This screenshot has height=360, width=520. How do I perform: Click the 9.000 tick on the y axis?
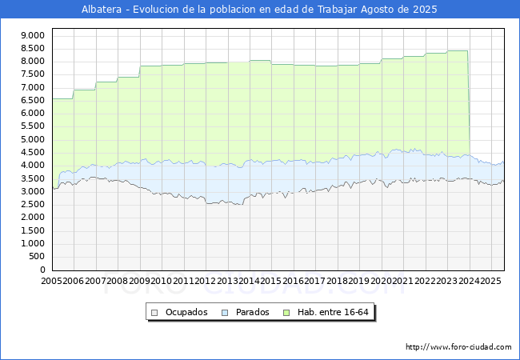pyautogui.click(x=33, y=35)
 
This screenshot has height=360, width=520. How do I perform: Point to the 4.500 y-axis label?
pyautogui.click(x=33, y=153)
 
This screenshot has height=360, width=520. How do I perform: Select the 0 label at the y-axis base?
pyautogui.click(x=42, y=270)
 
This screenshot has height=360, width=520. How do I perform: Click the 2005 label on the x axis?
pyautogui.click(x=51, y=281)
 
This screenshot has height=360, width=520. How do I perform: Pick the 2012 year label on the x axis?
pyautogui.click(x=206, y=281)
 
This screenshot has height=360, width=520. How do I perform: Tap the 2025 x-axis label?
pyautogui.click(x=490, y=281)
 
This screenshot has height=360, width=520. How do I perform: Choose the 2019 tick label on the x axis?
pyautogui.click(x=359, y=281)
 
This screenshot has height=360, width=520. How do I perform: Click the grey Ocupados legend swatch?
pyautogui.click(x=154, y=313)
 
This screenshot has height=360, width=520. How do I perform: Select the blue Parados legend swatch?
pyautogui.click(x=225, y=313)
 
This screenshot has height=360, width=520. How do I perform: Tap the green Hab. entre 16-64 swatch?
pyautogui.click(x=286, y=313)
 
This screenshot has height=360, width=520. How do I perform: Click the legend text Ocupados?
pyautogui.click(x=186, y=312)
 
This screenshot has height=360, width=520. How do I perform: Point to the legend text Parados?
pyautogui.click(x=252, y=312)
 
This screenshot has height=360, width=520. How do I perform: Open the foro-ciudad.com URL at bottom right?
pyautogui.click(x=458, y=347)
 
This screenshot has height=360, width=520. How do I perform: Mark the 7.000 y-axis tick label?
pyautogui.click(x=33, y=87)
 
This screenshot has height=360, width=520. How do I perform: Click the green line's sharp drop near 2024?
pyautogui.click(x=469, y=102)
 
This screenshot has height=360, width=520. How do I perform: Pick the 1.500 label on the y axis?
pyautogui.click(x=33, y=230)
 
